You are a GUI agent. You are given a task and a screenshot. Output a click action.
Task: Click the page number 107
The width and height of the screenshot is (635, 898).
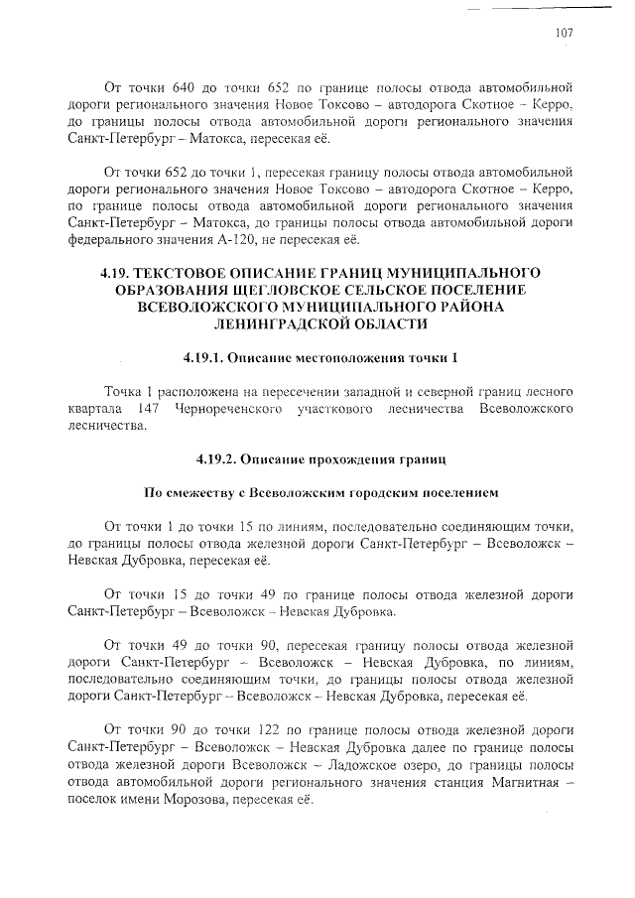pos(564,33)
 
